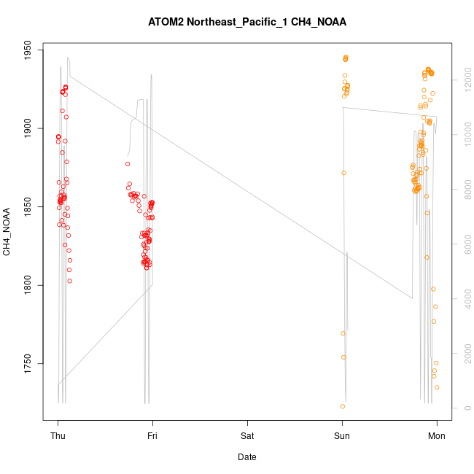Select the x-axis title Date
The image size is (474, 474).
point(247,457)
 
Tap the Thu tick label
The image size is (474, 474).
point(58,435)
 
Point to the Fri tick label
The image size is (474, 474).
point(152,435)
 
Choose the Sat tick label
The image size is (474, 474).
point(247,435)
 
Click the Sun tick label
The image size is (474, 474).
point(342,435)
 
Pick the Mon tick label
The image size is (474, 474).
point(437,435)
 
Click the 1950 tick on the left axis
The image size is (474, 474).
point(28,51)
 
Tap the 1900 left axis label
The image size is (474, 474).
point(28,129)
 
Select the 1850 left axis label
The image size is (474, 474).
point(28,207)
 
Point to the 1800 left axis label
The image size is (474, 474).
point(28,285)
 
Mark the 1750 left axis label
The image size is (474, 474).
point(28,363)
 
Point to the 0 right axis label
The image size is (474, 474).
point(467,408)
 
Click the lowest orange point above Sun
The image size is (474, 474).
point(342,406)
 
